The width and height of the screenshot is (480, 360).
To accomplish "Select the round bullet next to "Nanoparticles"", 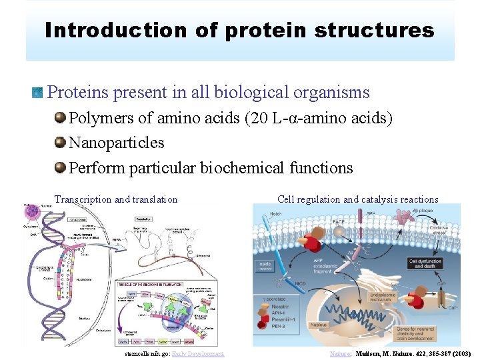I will (61, 143).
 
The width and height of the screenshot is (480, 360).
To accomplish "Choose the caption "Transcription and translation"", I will (116, 199).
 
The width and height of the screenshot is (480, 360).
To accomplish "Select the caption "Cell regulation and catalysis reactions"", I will (357, 199).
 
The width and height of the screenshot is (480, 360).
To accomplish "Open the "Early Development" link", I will (198, 353).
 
